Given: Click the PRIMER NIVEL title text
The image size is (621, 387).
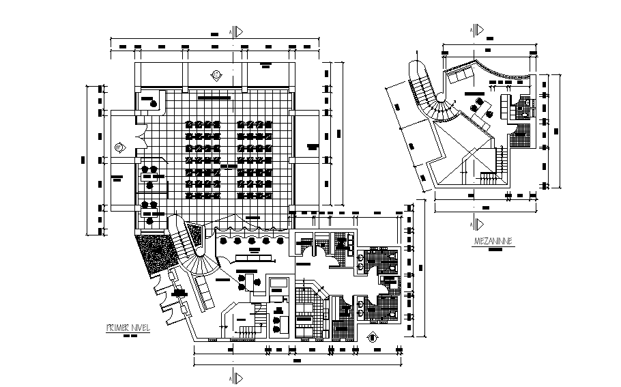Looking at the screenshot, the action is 127,327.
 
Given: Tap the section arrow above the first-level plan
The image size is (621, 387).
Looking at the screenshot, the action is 235,31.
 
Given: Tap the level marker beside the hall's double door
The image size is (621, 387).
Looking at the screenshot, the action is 119,146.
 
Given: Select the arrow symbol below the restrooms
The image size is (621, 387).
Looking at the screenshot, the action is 373,336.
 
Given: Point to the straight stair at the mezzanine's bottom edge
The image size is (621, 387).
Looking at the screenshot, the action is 490,177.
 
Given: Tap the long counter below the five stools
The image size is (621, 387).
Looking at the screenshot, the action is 254,257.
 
